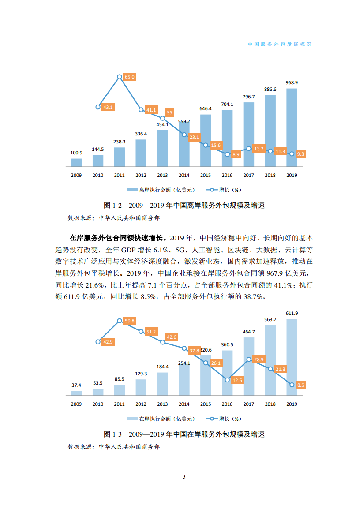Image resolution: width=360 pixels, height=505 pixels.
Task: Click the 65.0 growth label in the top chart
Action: click(x=130, y=77)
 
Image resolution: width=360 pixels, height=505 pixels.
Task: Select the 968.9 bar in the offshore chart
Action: click(x=292, y=128)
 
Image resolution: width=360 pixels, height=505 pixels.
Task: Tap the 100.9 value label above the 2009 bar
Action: click(x=76, y=153)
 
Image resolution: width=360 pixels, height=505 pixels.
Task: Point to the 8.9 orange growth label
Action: click(x=236, y=155)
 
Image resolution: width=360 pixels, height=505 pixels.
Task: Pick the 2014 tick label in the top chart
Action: click(x=184, y=175)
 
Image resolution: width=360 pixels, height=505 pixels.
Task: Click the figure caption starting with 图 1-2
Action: click(x=184, y=206)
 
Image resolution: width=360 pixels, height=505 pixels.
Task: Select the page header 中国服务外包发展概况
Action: click(x=280, y=45)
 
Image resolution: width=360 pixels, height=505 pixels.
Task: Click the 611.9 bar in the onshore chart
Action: click(x=292, y=357)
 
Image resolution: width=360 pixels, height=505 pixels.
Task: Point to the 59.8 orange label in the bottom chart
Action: click(x=130, y=321)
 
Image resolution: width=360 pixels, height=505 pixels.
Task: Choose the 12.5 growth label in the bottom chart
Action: click(x=237, y=380)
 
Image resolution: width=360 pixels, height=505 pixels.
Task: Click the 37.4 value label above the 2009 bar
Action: click(x=76, y=385)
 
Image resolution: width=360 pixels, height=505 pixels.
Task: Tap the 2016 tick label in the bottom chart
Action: click(x=227, y=404)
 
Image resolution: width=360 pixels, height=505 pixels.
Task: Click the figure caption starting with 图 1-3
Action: click(x=184, y=434)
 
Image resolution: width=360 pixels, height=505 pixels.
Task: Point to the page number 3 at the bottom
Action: click(x=184, y=477)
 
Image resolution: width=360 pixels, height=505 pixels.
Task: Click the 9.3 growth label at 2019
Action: click(x=301, y=154)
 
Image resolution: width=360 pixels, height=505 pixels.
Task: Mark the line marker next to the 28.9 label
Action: click(x=249, y=359)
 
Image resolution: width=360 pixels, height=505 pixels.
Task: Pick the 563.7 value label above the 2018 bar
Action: click(x=270, y=320)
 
